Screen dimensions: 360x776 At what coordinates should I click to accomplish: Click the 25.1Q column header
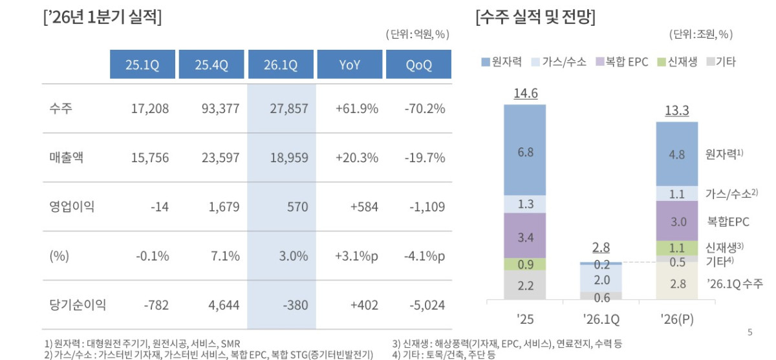coord(142,65)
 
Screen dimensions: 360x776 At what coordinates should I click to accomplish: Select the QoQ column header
coord(418,65)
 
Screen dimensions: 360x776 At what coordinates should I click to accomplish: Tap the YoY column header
coord(350,65)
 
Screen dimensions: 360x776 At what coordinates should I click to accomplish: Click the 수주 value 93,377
coord(221,109)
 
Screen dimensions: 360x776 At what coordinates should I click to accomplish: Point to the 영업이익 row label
coord(72,207)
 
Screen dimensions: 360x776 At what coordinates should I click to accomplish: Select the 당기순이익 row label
coord(78,305)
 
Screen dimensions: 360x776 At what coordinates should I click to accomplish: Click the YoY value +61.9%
coord(357,109)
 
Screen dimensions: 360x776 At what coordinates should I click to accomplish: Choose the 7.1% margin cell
coord(226,256)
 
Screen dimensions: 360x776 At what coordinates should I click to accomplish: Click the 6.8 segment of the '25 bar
coord(525,152)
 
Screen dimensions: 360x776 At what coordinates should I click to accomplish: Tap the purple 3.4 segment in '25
coord(525,237)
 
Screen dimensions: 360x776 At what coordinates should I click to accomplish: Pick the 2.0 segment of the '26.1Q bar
coord(601,279)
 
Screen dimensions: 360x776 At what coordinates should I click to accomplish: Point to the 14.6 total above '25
coord(525,94)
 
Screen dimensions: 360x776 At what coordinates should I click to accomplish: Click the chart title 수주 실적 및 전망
coord(535,17)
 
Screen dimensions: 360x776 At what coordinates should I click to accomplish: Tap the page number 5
coord(749,332)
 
